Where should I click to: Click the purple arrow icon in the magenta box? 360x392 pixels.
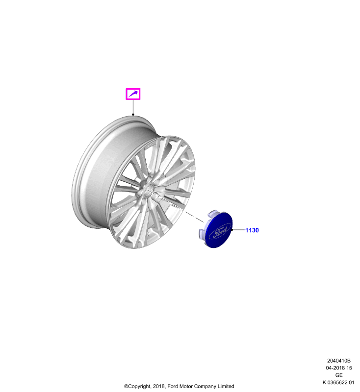coord(133,94)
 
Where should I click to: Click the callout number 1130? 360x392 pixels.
coord(252,230)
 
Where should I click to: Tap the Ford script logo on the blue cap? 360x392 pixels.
coord(220,232)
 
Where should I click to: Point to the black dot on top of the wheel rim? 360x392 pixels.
coord(133,115)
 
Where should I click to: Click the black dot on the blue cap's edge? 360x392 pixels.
coord(232,230)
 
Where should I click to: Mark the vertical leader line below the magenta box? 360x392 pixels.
coord(133,107)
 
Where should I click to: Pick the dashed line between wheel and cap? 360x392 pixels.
coord(175,205)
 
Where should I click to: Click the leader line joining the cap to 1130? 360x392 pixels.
coord(239,230)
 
